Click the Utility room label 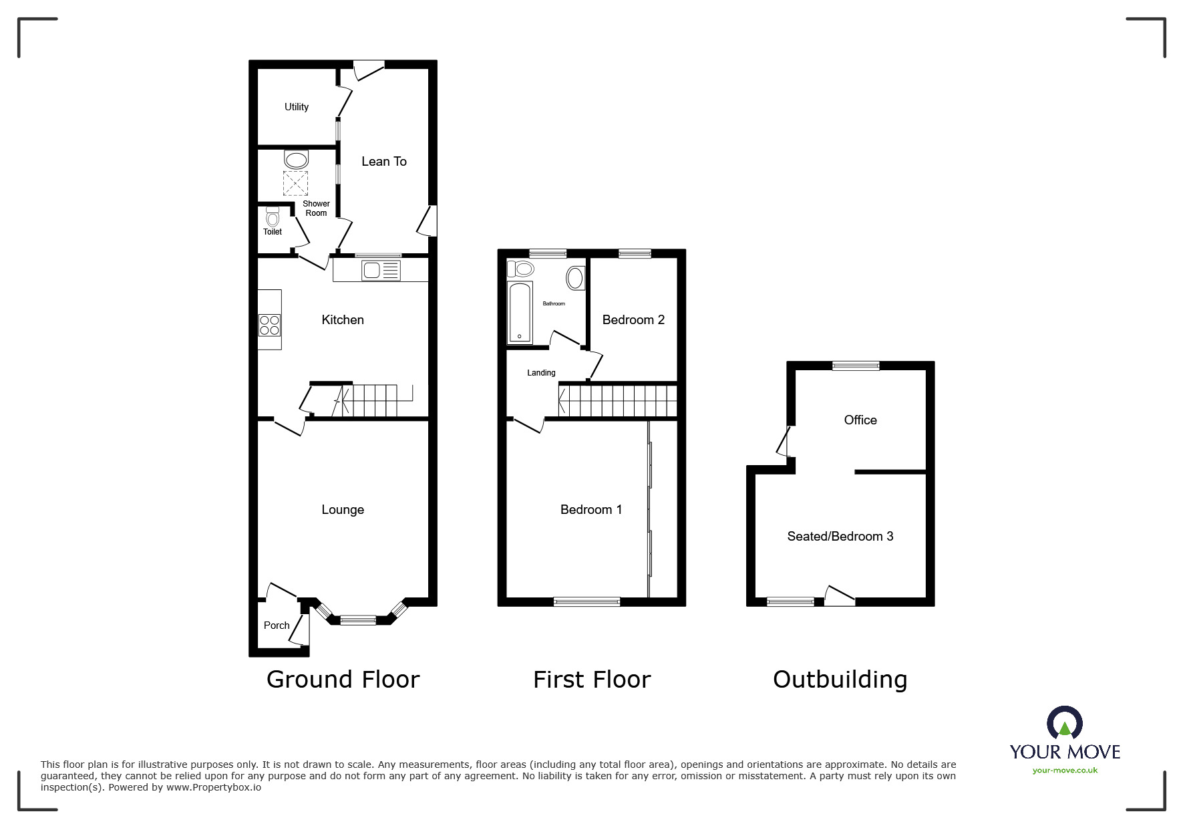coord(297,107)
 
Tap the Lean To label coord(383,161)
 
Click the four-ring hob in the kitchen coord(270,325)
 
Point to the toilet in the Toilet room coord(272,217)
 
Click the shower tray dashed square coord(296,182)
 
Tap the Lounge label coord(343,509)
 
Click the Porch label coord(277,626)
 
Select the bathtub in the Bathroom coord(520,312)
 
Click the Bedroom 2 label coord(633,319)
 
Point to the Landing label coord(541,373)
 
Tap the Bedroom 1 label coord(591,509)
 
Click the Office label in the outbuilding coord(860,420)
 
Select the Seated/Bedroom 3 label coord(840,536)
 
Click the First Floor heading coord(592,680)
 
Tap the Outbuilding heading coord(840,680)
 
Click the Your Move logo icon coord(1064,724)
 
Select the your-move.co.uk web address coord(1065,770)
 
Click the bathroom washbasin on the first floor coord(575,278)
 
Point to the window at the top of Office coord(856,366)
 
